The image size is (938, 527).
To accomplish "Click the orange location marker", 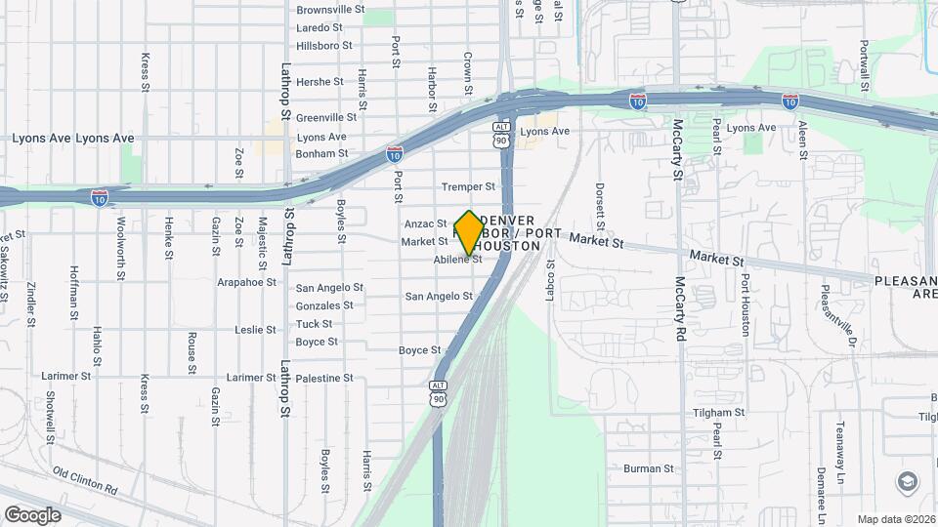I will coord(469,233).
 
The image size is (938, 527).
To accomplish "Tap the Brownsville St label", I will coord(330,10).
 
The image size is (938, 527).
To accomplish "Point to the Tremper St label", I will coord(463,186).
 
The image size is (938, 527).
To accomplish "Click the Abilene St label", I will coord(458,260).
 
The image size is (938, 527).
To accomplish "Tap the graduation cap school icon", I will coord(907,482).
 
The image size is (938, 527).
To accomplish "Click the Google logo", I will coord(32,514).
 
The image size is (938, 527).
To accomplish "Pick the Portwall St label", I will coord(865,64).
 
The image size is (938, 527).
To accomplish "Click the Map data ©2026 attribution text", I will coord(895,519).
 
